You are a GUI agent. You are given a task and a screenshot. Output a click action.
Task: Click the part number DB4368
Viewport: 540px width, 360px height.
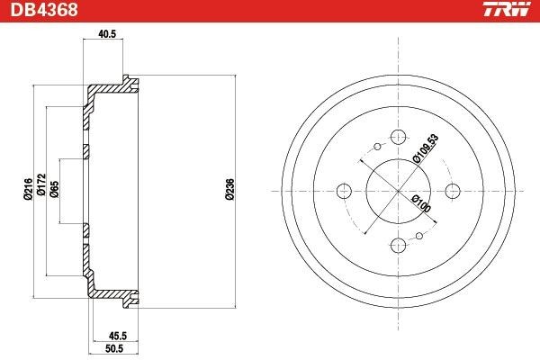coord(44,10)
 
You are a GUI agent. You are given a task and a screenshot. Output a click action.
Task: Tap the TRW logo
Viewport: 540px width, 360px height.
coord(507,9)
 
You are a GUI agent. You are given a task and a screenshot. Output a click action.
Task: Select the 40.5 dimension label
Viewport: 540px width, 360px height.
coord(107,34)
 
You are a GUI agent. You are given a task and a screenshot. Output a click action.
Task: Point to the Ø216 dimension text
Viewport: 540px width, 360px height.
coord(28,189)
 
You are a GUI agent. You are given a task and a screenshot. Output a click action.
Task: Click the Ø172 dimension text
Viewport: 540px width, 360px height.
coord(41,184)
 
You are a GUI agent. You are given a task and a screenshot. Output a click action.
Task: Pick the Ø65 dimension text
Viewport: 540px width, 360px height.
coord(54,189)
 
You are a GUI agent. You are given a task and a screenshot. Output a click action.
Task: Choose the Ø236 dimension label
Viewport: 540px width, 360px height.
coord(229,189)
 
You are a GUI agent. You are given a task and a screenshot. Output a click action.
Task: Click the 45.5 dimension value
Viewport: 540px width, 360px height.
coord(118,335)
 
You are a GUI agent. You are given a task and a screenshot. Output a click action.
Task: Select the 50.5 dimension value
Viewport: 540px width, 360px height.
coord(114,348)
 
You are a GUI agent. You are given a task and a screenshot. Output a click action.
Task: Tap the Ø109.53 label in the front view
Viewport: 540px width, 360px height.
coord(426,148)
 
